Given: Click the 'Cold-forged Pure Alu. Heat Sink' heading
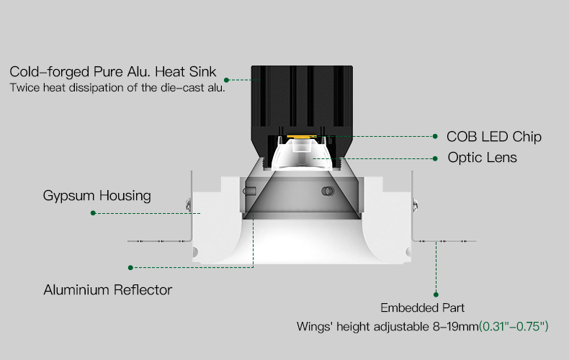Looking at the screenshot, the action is point(113,72).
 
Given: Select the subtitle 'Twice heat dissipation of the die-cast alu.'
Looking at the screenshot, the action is point(117,88).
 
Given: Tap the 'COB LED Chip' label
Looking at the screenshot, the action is point(494,137).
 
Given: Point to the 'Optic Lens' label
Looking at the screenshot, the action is point(483,158).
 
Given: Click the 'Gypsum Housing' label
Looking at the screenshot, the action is point(97,196).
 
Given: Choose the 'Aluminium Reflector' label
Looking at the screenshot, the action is point(108,289).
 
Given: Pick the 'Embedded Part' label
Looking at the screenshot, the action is point(422,307).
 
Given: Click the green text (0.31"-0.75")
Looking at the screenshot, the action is point(514,326).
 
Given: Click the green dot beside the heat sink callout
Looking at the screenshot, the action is point(226,80).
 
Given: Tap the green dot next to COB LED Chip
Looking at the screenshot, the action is point(435,137).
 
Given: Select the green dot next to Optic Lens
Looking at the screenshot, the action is point(436,158).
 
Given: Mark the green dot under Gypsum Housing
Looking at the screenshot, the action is point(93,213).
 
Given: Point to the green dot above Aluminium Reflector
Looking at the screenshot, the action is point(130,267).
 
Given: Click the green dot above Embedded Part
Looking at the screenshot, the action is point(436,294).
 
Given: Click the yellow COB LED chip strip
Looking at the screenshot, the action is point(302,137).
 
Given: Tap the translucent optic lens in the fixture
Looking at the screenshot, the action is point(302,154).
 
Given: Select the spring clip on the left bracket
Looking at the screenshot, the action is point(188,205).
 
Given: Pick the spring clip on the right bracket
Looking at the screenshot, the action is point(415,205).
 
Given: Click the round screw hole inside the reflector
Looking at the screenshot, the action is point(328,192).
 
